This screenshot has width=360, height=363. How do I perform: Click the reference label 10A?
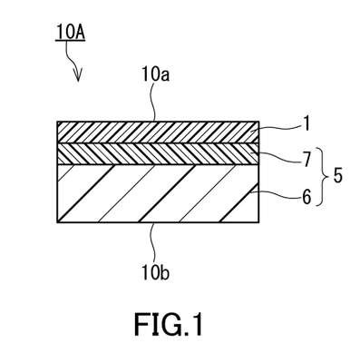pos(70,33)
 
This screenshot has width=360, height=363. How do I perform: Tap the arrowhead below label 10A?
pos(78,76)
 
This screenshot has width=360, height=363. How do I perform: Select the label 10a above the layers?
pos(155,75)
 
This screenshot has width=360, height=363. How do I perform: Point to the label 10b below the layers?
pos(155,273)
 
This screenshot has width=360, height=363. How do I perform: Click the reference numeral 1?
pos(306,124)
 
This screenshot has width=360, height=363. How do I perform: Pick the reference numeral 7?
pos(306,161)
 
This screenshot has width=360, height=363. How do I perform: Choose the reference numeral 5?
pos(337,176)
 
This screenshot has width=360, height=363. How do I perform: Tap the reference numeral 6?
pos(306,198)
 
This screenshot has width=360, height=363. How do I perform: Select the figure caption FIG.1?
pos(169,324)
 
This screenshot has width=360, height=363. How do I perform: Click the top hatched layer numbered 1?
pos(158,132)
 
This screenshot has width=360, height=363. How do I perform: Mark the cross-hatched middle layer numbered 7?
pos(158,154)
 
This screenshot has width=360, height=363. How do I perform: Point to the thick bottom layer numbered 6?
pos(158,194)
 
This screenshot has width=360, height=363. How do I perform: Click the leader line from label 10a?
pos(154,103)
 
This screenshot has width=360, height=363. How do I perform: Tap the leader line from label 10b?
pos(154,243)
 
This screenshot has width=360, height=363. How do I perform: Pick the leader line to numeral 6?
pos(279,198)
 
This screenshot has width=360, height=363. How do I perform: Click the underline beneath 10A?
pos(71,41)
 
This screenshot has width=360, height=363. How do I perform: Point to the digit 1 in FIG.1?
pos(196,324)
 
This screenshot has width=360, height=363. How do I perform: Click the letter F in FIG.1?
pos(141,324)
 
